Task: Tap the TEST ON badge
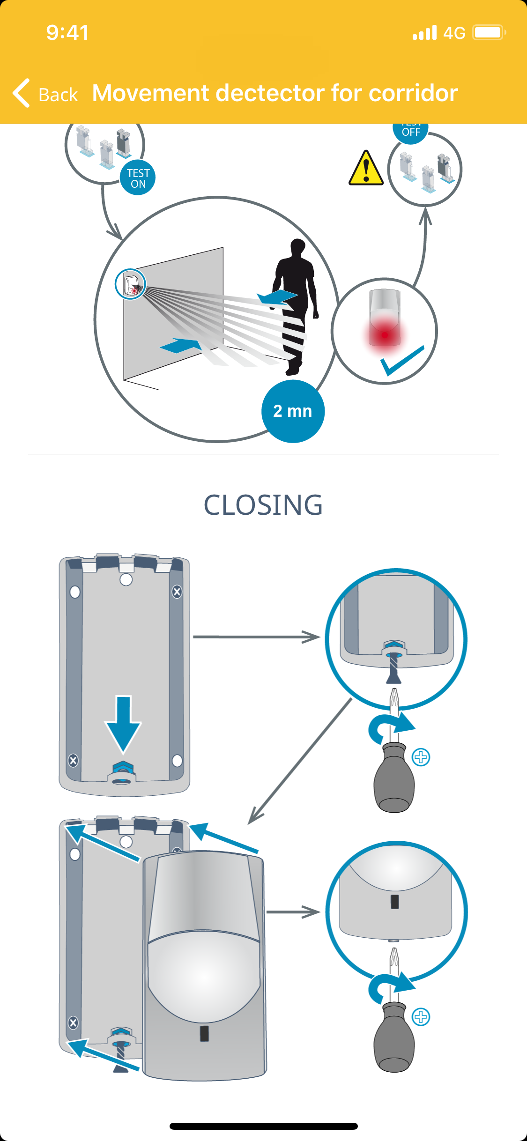tap(138, 178)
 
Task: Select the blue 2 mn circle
tap(293, 411)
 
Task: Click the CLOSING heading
tap(263, 505)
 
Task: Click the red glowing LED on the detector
tap(385, 334)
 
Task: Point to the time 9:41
tap(67, 33)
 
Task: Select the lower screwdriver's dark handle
tap(394, 1040)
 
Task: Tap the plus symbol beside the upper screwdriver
tap(421, 757)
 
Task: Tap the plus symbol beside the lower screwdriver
tap(421, 1017)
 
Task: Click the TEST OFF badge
tap(411, 132)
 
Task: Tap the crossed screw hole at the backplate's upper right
tap(177, 592)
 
